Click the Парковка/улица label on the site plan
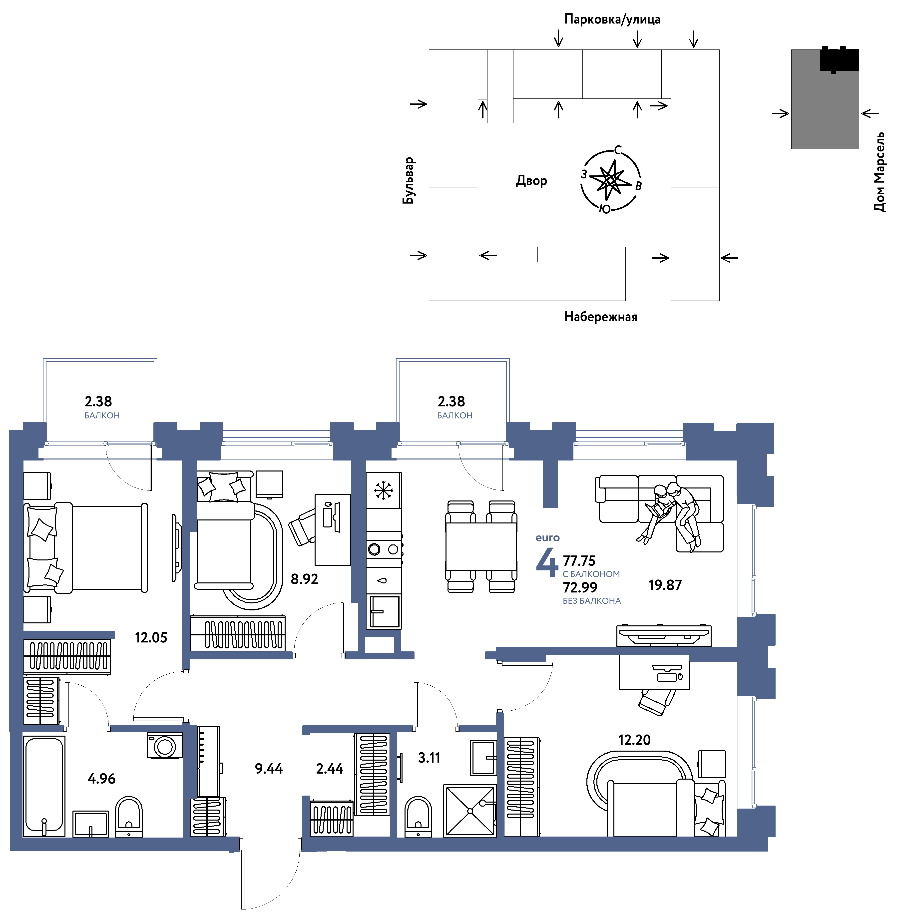612,19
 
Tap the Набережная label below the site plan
601,317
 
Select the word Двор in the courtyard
531,180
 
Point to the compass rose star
610,180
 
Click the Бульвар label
409,180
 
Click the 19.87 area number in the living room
665,585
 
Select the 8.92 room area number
304,579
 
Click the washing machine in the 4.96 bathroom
164,746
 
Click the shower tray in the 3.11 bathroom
470,811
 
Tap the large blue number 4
547,562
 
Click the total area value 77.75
579,561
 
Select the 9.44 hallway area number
269,769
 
